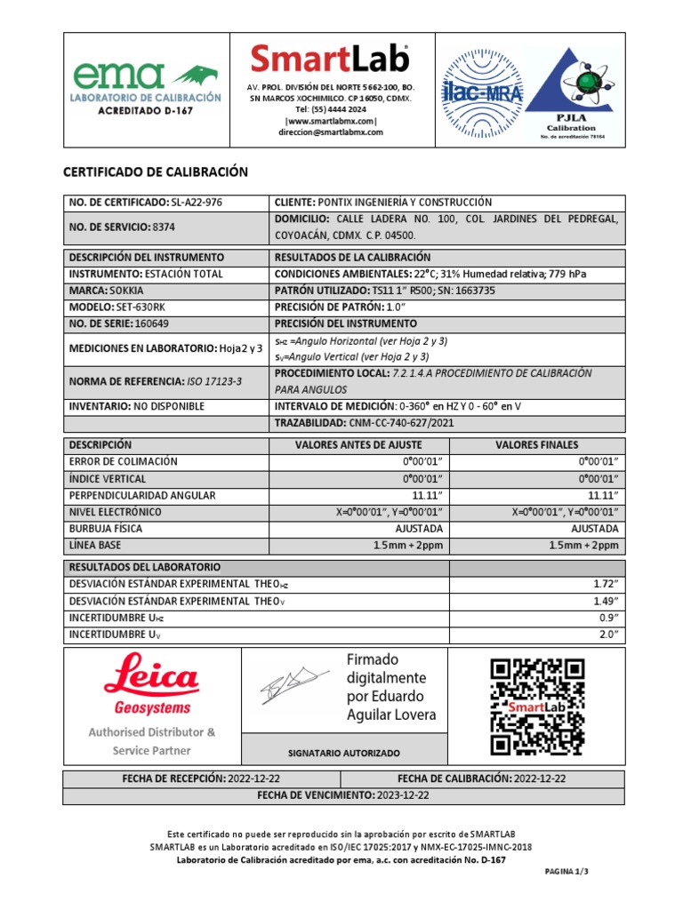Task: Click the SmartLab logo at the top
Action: click(x=330, y=60)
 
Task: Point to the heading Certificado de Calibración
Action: click(x=155, y=172)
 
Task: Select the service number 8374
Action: click(x=164, y=227)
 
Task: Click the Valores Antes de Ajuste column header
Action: click(x=358, y=444)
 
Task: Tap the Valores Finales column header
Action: click(x=536, y=444)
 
